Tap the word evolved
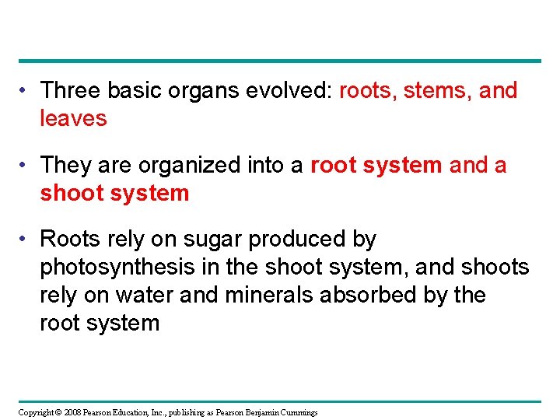pyautogui.click(x=293, y=90)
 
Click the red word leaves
pyautogui.click(x=73, y=118)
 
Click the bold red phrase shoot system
pyautogui.click(x=114, y=193)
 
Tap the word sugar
pyautogui.click(x=201, y=240)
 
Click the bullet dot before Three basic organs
pyautogui.click(x=26, y=91)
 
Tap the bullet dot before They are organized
pyautogui.click(x=26, y=166)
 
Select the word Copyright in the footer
pyautogui.click(x=35, y=412)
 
